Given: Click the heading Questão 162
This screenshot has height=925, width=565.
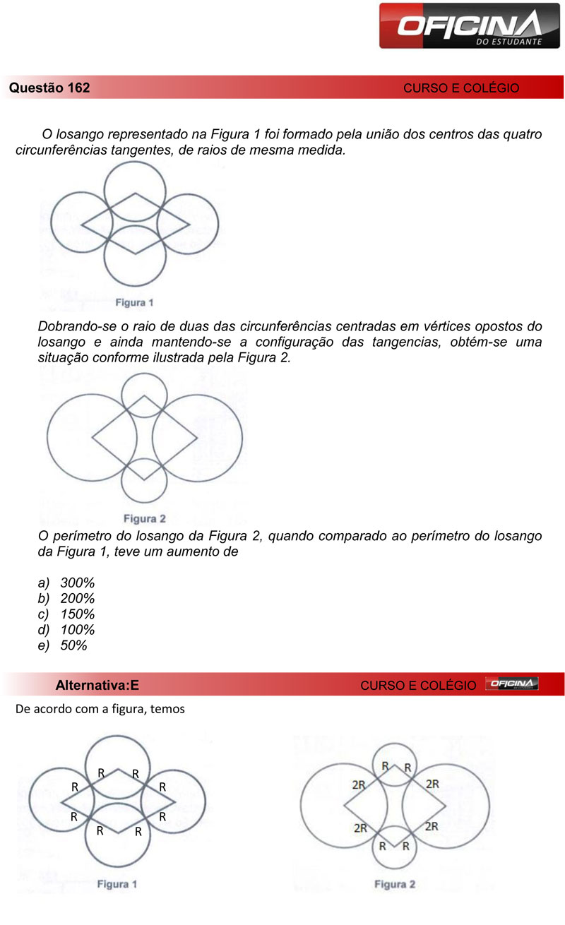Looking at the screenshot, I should tap(49, 88).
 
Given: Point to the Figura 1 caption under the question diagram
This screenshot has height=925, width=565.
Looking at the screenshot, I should tap(135, 303).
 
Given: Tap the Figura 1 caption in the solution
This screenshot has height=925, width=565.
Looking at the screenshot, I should tap(117, 883).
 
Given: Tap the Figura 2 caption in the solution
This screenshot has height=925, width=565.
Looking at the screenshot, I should tap(395, 884).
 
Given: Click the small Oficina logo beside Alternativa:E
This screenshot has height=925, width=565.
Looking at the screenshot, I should tap(512, 684).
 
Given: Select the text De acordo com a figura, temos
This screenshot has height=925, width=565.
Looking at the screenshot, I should tap(100, 709).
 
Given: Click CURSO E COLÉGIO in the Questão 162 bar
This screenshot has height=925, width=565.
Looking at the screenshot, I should tap(461, 88).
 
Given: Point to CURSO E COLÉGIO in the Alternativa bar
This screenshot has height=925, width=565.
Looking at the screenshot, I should tap(418, 685).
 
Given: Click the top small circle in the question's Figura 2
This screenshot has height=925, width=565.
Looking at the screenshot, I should tap(144, 395).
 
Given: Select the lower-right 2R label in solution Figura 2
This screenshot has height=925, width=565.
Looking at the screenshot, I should tap(433, 825).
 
